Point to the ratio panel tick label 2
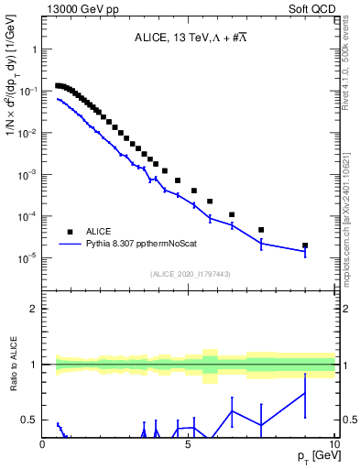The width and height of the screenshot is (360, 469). coord(34,309)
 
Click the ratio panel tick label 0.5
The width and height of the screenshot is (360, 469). coord(29,420)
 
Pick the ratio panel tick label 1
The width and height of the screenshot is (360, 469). coord(34,365)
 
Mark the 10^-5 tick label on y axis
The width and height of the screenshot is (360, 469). coord(27,258)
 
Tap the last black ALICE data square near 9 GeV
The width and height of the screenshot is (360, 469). coord(305,245)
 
